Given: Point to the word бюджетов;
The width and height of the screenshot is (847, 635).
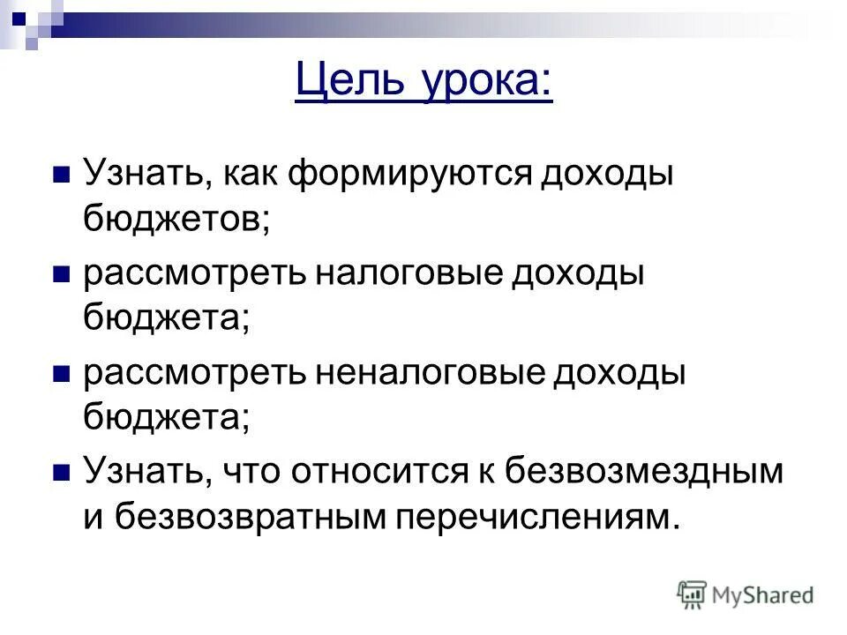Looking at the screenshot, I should (176, 217).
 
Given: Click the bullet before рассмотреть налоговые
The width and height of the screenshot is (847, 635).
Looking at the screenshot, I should (61, 273).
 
